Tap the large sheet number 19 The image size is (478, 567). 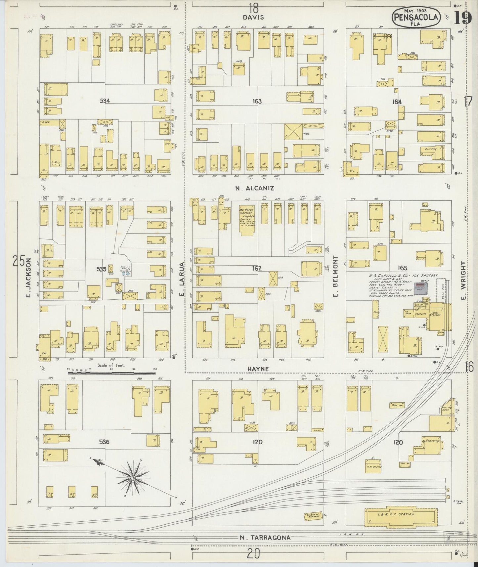point(462,18)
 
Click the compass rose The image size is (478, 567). point(133,478)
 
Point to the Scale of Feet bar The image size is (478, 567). point(111,373)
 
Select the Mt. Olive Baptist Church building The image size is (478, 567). point(246,220)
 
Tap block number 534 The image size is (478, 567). point(105,101)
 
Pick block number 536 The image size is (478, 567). point(105,441)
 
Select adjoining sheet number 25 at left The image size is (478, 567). point(19,261)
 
